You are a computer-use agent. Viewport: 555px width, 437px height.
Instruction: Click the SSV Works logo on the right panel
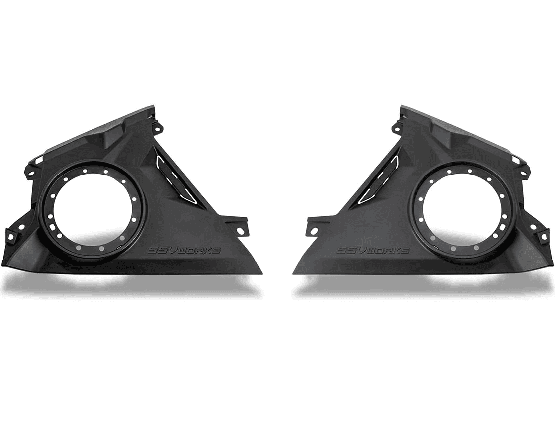click(372, 250)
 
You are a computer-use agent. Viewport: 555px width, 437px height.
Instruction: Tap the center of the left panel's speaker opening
click(93, 207)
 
